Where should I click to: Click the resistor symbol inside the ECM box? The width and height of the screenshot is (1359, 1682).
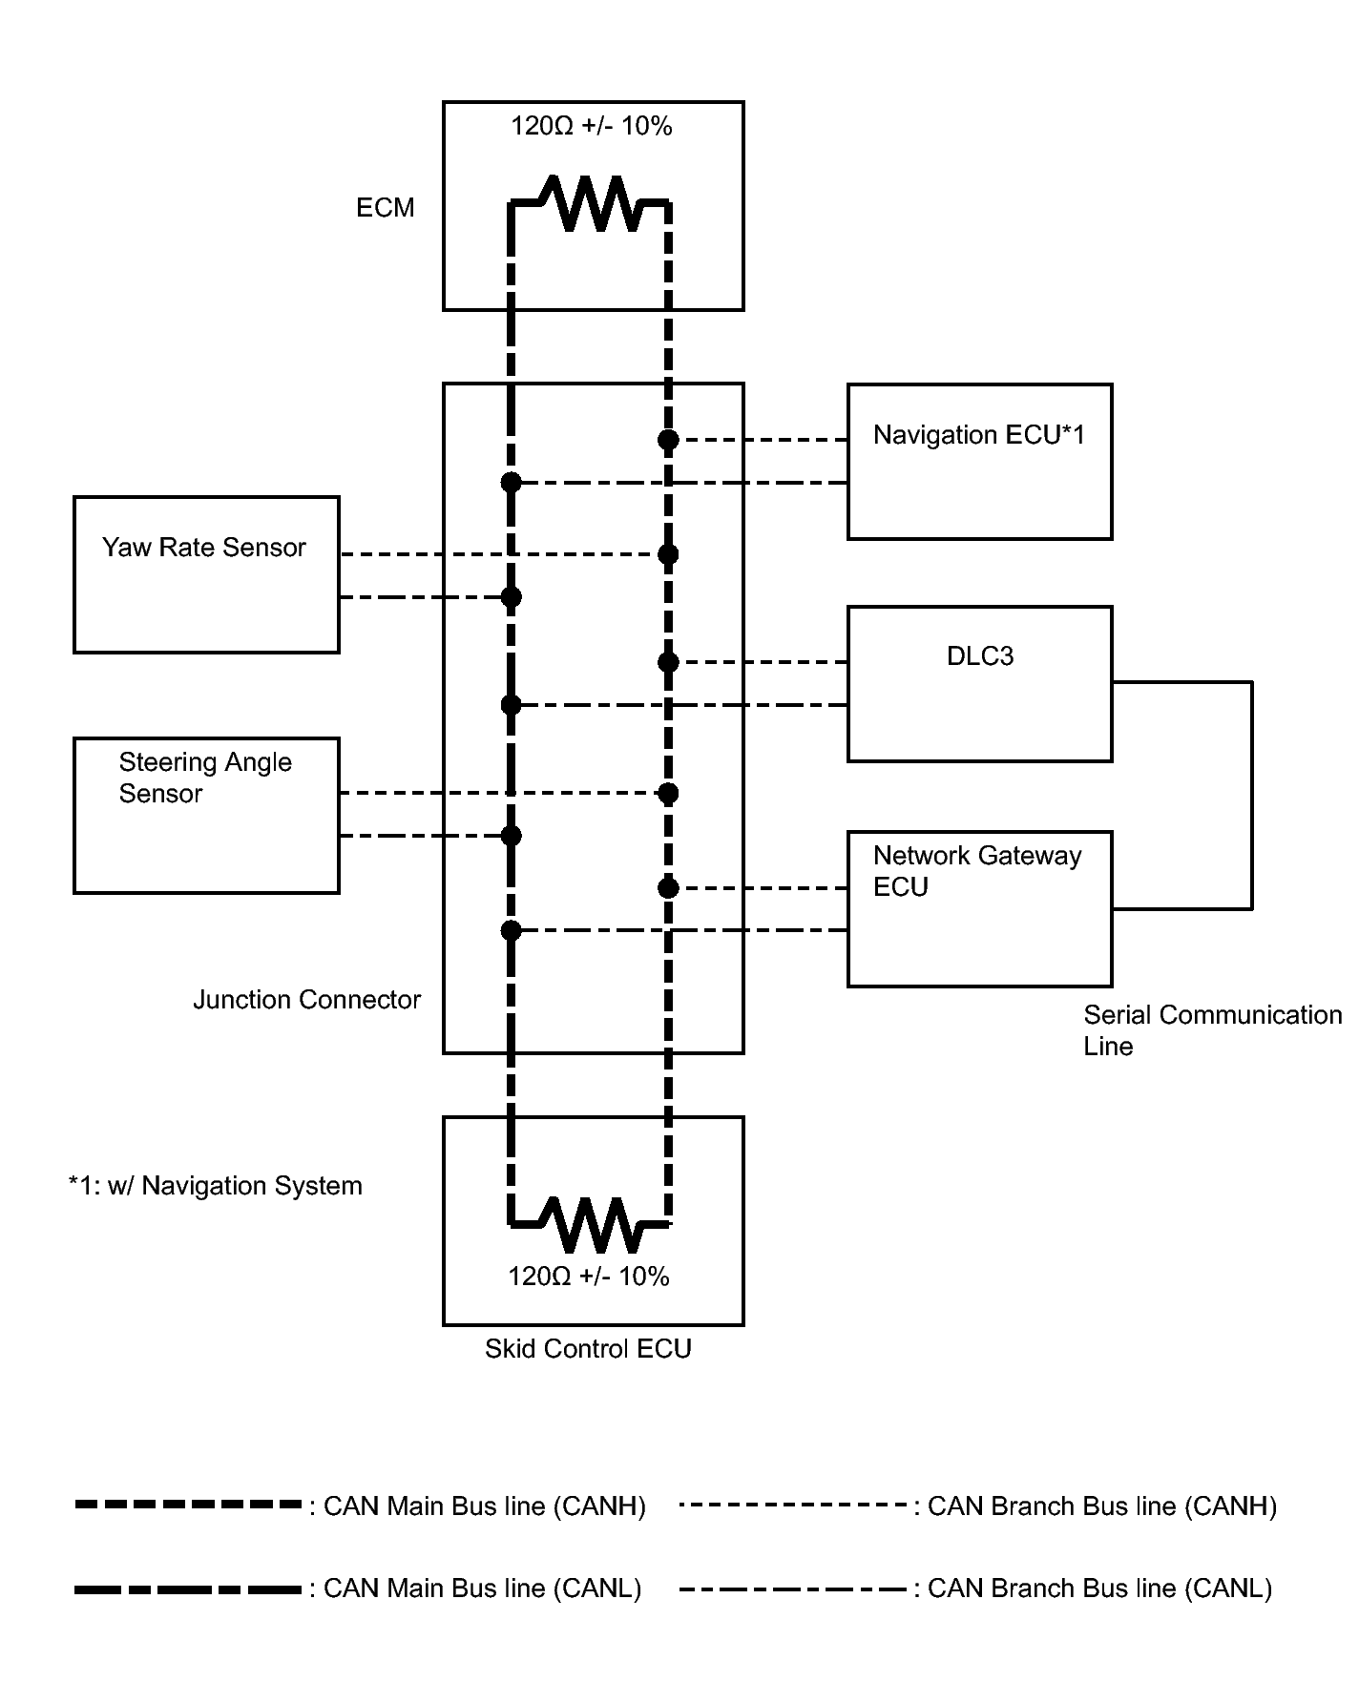coord(591,202)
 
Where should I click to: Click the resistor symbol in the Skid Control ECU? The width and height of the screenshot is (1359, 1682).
coord(591,1224)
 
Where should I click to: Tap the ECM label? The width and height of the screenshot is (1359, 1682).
coord(386,208)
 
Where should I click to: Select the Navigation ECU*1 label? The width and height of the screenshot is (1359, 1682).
coord(979,435)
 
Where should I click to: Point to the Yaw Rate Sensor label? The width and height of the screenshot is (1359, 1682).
coord(204,548)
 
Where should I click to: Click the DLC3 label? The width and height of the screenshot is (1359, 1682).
coord(980,656)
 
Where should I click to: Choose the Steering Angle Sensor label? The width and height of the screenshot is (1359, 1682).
coord(204,778)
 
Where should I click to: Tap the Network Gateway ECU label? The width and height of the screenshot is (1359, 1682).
coord(977,871)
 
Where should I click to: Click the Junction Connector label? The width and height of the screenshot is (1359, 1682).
coord(306,1000)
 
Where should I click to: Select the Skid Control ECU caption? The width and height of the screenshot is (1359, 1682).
coord(588,1349)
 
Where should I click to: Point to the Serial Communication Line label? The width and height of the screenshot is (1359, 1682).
coord(1212,1030)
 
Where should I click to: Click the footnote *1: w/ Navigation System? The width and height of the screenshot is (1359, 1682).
coord(216,1186)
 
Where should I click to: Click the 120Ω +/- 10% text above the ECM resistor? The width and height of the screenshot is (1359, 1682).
coord(592,126)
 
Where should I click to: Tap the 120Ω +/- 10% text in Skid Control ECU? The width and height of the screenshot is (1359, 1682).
coord(589,1277)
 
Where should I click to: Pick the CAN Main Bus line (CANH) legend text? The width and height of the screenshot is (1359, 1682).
coord(485,1506)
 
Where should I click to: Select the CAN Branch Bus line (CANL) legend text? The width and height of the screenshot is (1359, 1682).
coord(1099,1589)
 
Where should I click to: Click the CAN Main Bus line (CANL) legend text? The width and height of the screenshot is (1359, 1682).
coord(482,1589)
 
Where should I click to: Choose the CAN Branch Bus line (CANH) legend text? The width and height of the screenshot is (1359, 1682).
coord(1102,1506)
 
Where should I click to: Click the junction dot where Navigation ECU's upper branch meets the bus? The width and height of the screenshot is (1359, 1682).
coord(668,440)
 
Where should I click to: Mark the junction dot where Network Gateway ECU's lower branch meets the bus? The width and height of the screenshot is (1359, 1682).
coord(512,930)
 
